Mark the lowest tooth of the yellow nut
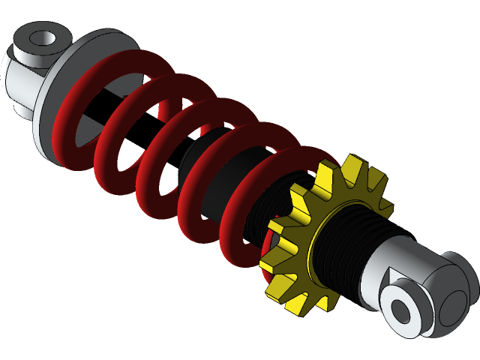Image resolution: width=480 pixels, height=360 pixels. pyautogui.click(x=300, y=304)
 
